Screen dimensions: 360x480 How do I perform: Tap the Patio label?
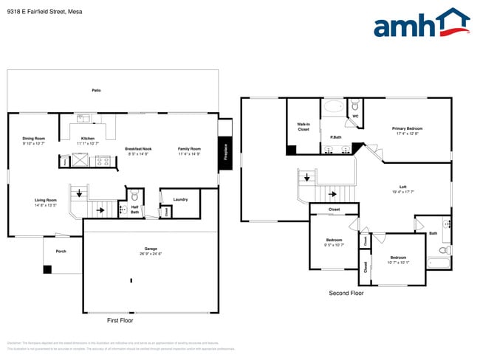(x=96, y=90)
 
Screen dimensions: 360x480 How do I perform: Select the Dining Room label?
(x=34, y=138)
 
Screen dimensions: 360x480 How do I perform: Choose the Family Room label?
(x=189, y=149)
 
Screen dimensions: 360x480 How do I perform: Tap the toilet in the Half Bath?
(x=134, y=197)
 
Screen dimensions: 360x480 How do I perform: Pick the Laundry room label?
(x=180, y=199)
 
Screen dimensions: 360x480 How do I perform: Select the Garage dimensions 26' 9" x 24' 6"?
(x=151, y=254)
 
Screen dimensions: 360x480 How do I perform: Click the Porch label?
(x=61, y=251)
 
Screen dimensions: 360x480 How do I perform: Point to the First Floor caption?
(x=120, y=321)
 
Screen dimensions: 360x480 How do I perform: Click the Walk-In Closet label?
(x=304, y=127)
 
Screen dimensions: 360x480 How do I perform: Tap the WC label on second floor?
(x=355, y=116)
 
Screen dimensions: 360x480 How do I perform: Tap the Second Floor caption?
(x=346, y=293)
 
